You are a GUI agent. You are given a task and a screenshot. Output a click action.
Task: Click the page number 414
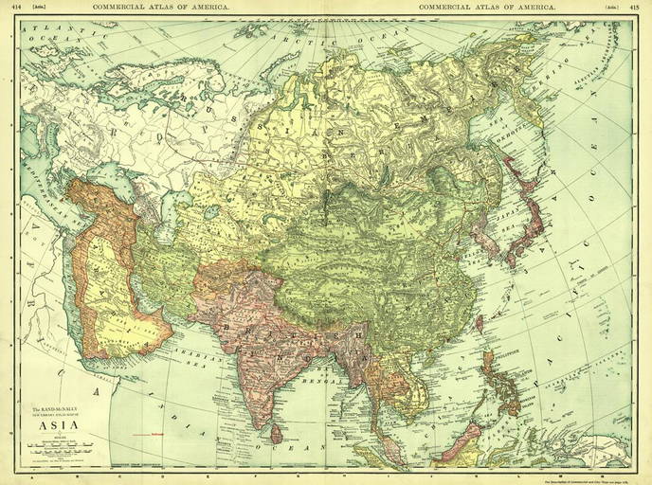(x=11, y=7)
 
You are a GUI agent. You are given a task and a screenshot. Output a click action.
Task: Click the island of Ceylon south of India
(x=276, y=433)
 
